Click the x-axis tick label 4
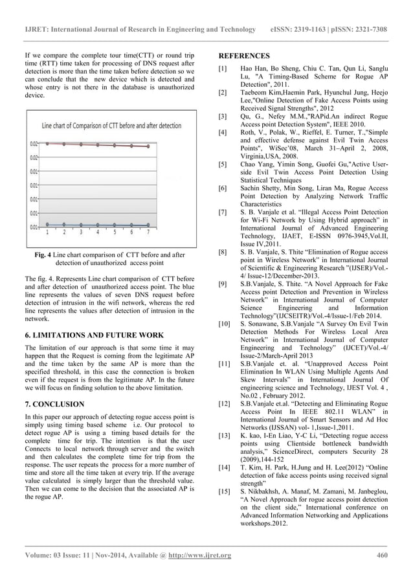click(x=98, y=232)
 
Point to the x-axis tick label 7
click(x=148, y=232)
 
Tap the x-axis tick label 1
click(x=47, y=232)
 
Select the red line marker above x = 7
click(x=148, y=146)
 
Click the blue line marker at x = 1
click(x=47, y=225)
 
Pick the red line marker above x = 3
click(x=80, y=144)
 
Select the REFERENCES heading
click(x=244, y=56)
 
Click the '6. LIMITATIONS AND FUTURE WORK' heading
click(x=94, y=335)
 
